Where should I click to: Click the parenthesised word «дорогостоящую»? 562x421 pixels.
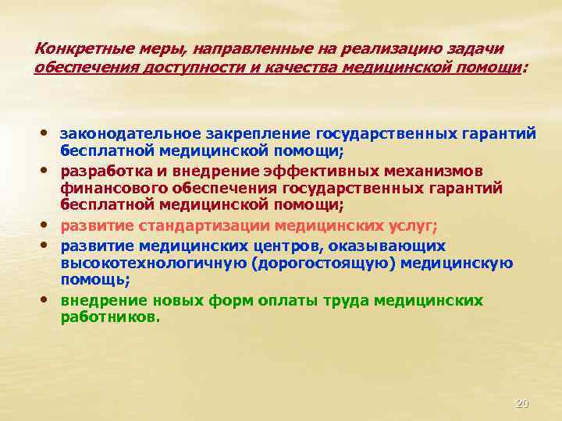pos(335,264)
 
